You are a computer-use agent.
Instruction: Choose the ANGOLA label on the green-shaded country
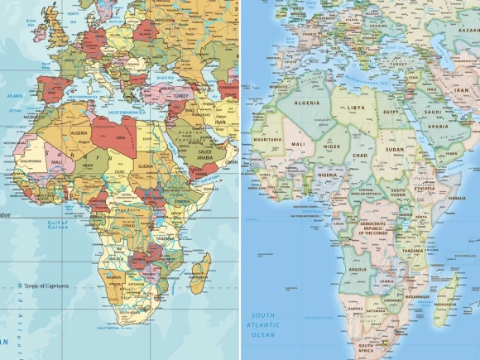click(x=358, y=269)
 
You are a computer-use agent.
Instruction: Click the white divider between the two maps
click(x=240, y=180)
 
